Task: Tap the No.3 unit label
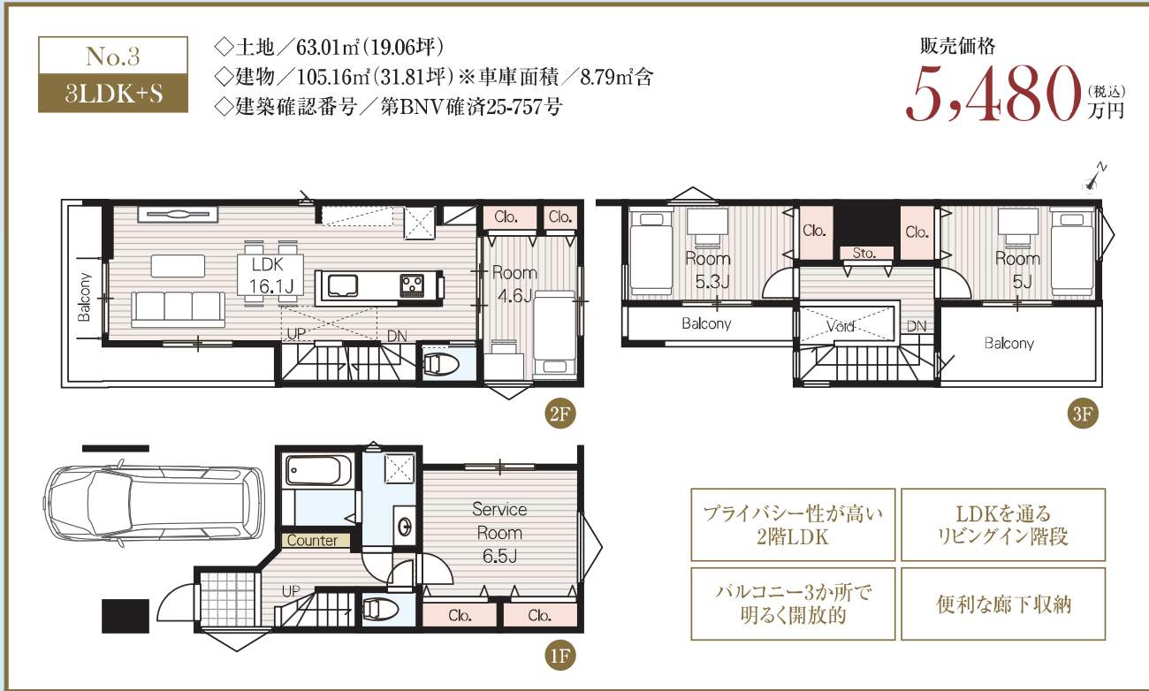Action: (113, 56)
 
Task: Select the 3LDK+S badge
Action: (113, 94)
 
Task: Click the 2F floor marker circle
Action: (559, 414)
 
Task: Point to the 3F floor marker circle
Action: (1083, 414)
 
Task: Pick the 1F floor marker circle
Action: (559, 656)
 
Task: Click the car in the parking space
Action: (155, 502)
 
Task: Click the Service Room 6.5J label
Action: (499, 533)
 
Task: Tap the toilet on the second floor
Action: (437, 364)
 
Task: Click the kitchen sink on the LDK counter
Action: (343, 285)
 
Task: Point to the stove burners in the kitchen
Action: (413, 285)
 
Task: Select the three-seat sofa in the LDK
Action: (178, 309)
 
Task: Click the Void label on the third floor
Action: (840, 326)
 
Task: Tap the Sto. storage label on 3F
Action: (864, 253)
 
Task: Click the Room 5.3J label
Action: (708, 270)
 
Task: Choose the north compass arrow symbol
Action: (1094, 177)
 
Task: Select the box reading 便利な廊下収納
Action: (1003, 604)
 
